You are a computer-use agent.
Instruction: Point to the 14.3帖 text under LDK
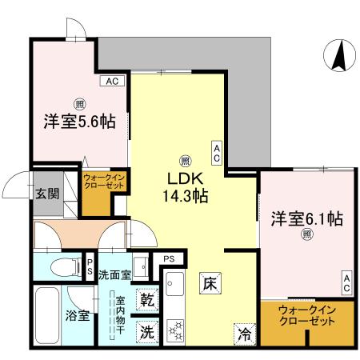click(186, 194)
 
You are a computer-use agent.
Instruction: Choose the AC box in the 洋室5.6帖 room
click(110, 81)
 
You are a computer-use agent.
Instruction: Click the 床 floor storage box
click(209, 282)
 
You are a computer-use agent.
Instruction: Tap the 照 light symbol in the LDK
click(186, 158)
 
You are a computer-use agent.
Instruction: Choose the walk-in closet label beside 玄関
click(104, 181)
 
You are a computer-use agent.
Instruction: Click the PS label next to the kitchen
click(169, 259)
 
